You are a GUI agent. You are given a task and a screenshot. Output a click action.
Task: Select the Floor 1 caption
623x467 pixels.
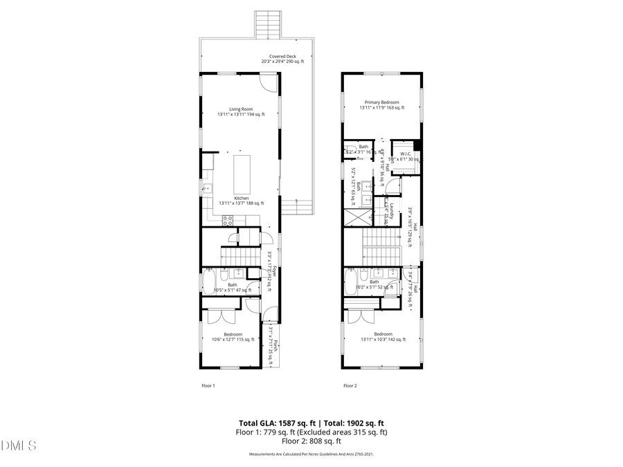208,385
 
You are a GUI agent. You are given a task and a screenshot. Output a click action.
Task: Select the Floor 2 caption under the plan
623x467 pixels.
350,385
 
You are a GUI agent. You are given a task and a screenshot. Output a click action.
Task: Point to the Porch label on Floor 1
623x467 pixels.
275,346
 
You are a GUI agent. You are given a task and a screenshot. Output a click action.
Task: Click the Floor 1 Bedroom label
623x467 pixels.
233,337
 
